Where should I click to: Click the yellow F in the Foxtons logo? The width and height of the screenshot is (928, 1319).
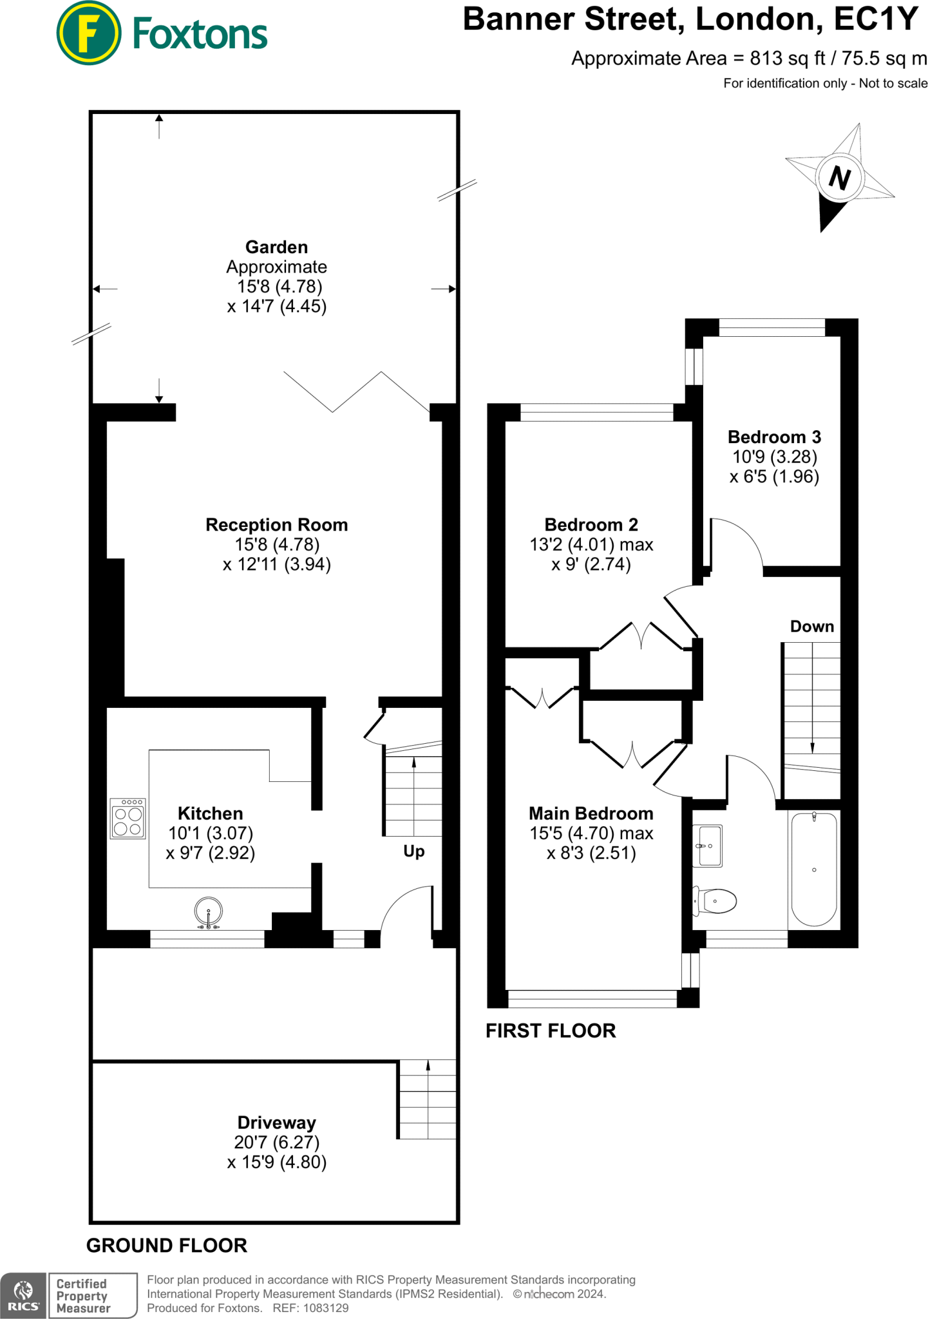pos(88,33)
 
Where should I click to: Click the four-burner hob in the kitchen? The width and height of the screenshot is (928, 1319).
pos(128,819)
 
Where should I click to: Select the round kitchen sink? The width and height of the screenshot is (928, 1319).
pos(209,912)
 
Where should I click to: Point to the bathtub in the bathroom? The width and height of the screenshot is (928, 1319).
pos(814,869)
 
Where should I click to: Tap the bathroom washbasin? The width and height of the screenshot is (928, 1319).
pos(709,846)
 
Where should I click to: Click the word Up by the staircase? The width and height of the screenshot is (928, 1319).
pos(413,851)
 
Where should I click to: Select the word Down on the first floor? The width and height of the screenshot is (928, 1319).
pos(811,627)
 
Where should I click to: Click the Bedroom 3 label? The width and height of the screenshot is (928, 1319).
pos(774,437)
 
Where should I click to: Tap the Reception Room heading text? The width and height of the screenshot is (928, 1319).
pos(276,525)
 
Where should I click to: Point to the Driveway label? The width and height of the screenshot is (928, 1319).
pos(276,1123)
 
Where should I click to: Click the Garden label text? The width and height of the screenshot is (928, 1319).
pos(276,247)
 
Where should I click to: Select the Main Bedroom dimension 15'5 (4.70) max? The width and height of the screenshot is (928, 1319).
pos(591,833)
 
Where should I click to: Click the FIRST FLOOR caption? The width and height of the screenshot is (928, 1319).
pos(551,1030)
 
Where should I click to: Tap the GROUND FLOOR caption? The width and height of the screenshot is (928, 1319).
pos(167,1246)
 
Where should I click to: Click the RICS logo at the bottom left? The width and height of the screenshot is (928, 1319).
pos(23,1295)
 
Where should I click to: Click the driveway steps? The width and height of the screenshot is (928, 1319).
pos(428,1099)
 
